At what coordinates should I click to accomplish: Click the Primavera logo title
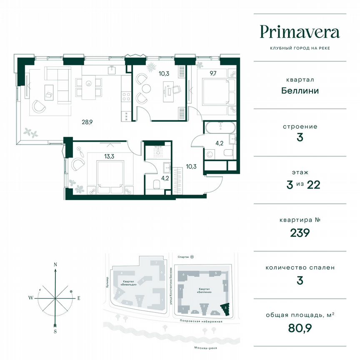(300, 32)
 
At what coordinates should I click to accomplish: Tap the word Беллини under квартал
(300, 90)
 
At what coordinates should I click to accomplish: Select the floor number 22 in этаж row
(313, 185)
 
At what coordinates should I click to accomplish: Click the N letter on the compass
(55, 265)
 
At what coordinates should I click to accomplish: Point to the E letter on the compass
(78, 298)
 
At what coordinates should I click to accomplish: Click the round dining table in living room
(88, 83)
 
